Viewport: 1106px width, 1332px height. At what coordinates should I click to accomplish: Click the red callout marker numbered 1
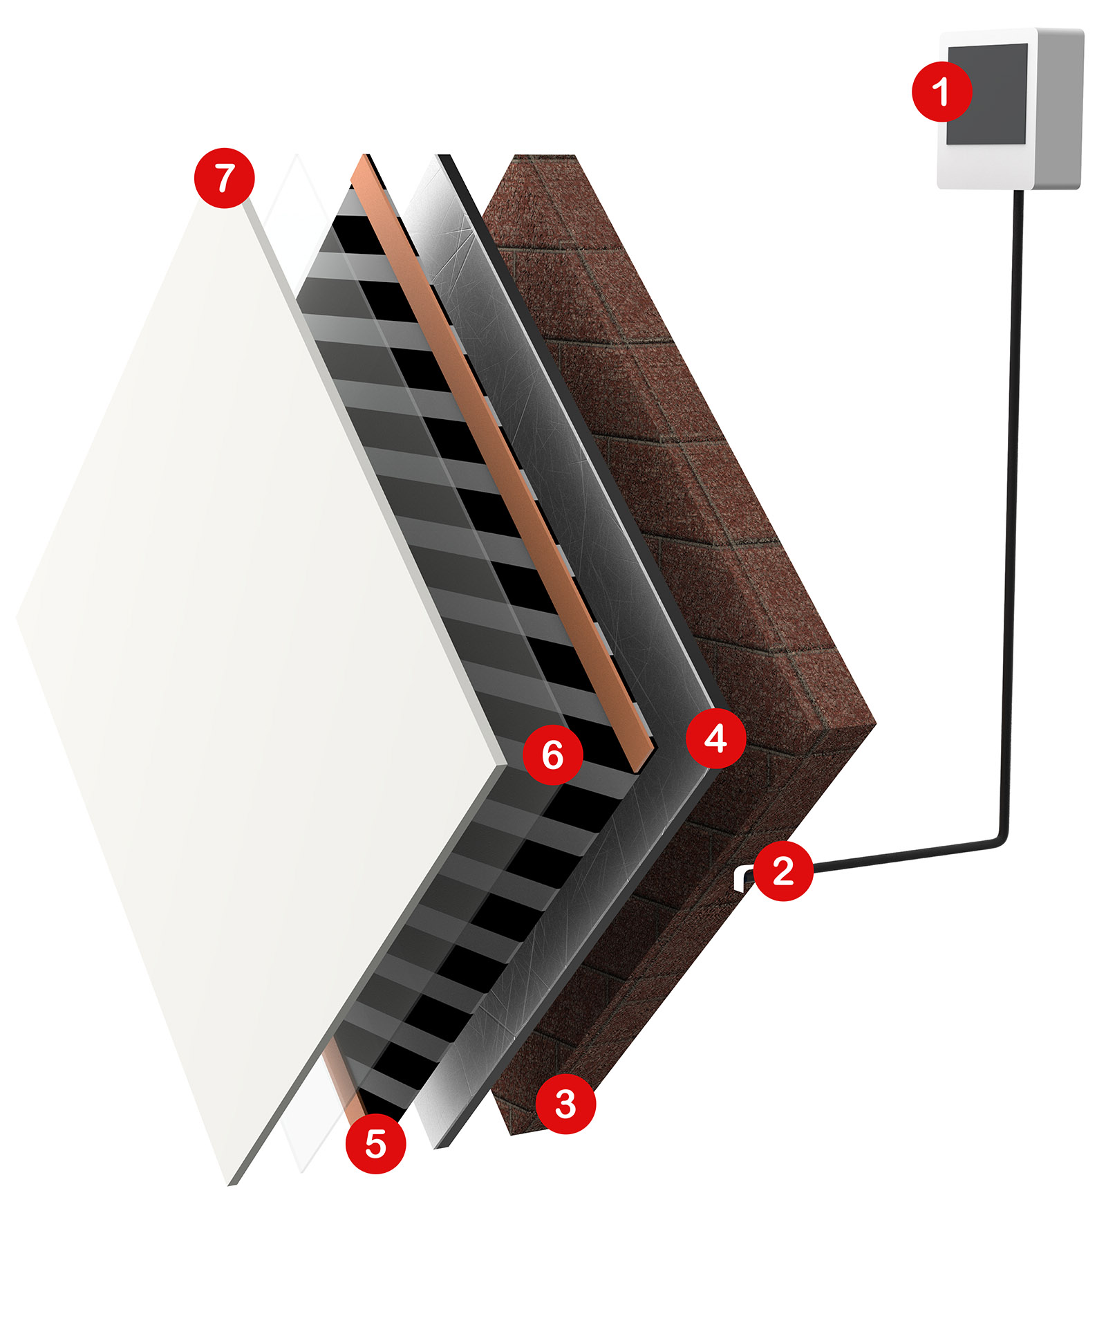[x=941, y=91]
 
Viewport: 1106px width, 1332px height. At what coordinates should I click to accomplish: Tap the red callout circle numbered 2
[x=782, y=871]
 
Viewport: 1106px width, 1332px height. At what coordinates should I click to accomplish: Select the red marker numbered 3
[x=565, y=1104]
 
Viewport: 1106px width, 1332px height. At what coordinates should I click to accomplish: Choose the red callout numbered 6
[x=552, y=755]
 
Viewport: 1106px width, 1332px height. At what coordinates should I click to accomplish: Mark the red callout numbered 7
[x=225, y=178]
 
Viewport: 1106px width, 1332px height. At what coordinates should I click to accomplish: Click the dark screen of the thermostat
[x=995, y=93]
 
